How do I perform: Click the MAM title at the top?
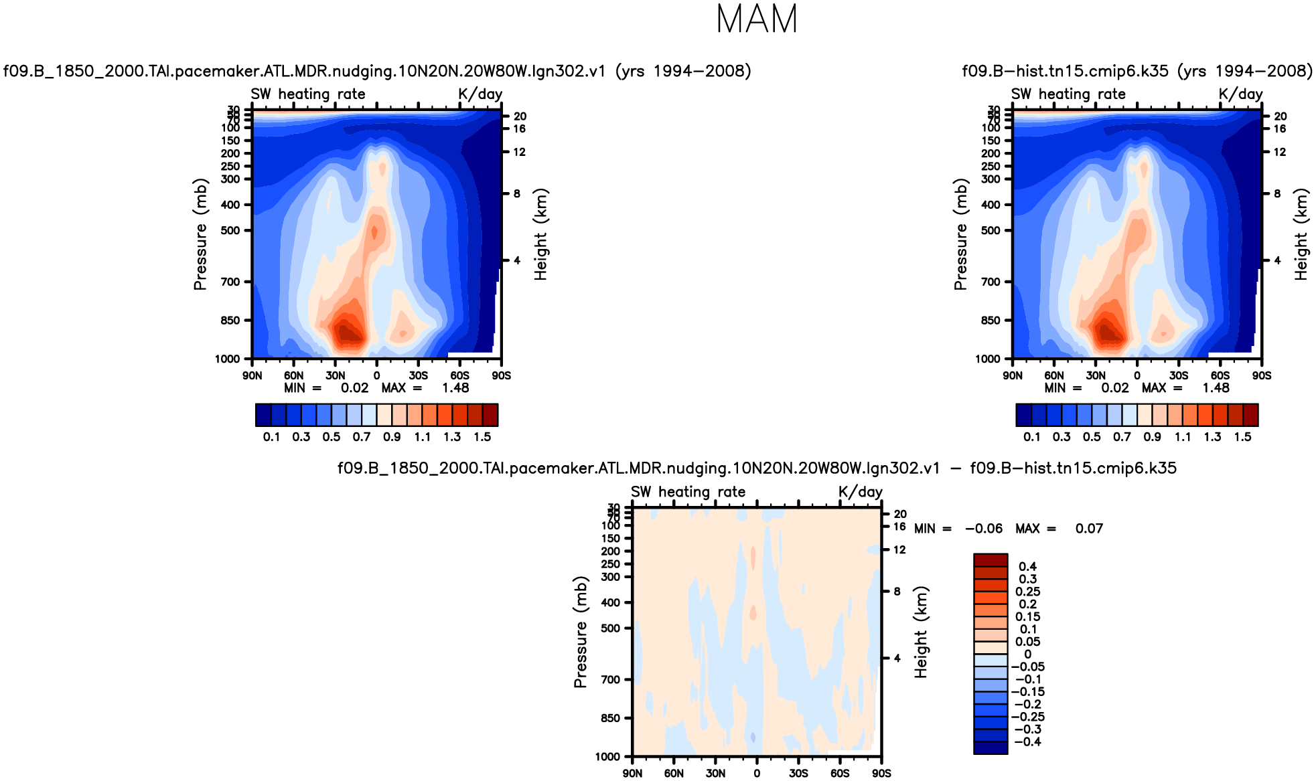coord(757,19)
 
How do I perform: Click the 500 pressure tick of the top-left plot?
coord(230,231)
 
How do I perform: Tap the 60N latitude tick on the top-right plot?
coord(1054,375)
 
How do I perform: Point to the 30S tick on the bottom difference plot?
coord(798,773)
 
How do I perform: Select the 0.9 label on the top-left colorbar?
coord(392,437)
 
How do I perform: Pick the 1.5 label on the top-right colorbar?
coord(1242,437)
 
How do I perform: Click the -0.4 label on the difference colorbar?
coord(1027,742)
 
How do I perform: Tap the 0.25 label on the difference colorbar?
coord(1027,592)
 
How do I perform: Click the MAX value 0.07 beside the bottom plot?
coord(1089,529)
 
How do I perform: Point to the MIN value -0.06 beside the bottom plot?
coord(984,529)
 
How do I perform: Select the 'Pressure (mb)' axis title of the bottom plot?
coord(580,632)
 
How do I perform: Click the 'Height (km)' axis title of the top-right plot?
coord(1301,234)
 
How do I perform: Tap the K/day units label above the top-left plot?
coord(480,94)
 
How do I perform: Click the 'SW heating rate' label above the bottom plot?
coord(688,492)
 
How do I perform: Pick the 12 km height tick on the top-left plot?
coord(520,153)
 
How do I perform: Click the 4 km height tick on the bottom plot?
coord(897,659)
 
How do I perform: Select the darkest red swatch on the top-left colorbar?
coord(490,415)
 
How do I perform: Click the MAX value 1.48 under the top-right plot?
coord(1216,388)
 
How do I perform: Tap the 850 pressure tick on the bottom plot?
coord(611,718)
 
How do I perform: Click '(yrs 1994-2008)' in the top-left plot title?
coord(683,71)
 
